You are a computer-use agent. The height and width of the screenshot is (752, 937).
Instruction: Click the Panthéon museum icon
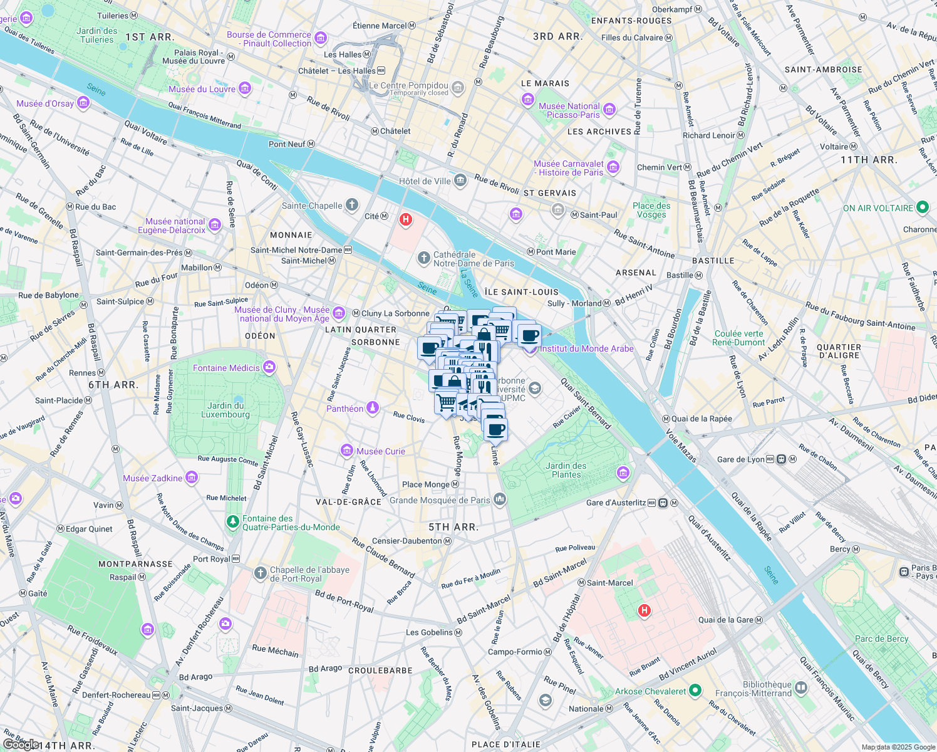click(373, 409)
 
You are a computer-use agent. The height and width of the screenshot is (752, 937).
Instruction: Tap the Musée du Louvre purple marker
click(245, 89)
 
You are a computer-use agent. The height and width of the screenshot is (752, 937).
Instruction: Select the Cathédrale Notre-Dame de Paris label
click(474, 259)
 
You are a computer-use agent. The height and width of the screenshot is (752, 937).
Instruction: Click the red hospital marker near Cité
click(406, 219)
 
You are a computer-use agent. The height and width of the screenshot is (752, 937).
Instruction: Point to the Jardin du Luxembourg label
click(225, 410)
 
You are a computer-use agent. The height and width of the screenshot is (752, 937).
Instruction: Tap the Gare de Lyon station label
click(740, 459)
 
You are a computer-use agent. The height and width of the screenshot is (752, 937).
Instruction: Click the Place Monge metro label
click(426, 484)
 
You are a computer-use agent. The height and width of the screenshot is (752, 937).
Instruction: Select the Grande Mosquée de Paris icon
click(500, 499)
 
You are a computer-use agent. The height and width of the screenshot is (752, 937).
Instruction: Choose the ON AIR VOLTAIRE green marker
click(922, 207)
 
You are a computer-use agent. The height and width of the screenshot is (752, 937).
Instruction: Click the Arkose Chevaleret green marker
click(695, 691)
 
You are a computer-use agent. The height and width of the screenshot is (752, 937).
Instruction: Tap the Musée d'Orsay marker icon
click(83, 103)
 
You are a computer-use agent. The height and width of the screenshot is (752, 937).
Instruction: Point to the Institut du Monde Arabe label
click(587, 348)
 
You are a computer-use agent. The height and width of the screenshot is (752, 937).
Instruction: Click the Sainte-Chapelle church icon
click(352, 205)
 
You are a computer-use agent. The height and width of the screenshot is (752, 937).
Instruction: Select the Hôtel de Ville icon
click(460, 181)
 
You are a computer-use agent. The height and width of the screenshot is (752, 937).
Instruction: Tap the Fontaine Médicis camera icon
click(269, 368)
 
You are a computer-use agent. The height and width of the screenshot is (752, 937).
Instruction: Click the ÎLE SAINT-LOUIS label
click(521, 292)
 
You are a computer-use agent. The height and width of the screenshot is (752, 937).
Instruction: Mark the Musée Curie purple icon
click(346, 451)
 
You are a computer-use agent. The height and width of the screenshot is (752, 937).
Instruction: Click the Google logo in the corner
click(20, 744)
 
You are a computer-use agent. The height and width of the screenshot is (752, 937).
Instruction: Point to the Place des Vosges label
click(651, 210)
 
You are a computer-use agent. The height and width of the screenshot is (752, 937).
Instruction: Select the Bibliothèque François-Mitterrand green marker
click(801, 689)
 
